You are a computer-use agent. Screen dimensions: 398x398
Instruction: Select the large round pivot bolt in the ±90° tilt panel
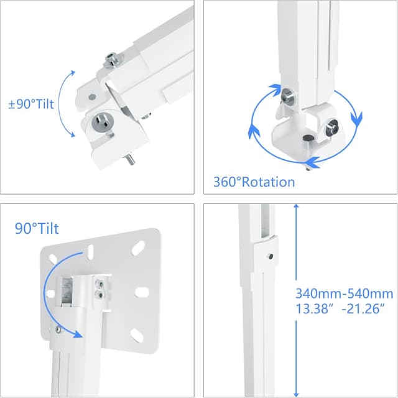pyautogui.click(x=102, y=123)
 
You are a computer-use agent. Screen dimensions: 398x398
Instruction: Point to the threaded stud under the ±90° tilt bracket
pyautogui.click(x=129, y=161)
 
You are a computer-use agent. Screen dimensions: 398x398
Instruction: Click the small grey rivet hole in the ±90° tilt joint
pyautogui.click(x=91, y=98)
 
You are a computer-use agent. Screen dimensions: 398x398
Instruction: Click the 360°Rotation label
pyautogui.click(x=254, y=182)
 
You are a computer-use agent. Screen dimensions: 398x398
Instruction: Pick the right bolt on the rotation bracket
pyautogui.click(x=331, y=131)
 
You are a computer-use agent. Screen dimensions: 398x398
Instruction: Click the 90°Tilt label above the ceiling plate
pyautogui.click(x=37, y=229)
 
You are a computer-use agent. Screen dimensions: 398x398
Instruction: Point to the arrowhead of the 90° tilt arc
pyautogui.click(x=78, y=335)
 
